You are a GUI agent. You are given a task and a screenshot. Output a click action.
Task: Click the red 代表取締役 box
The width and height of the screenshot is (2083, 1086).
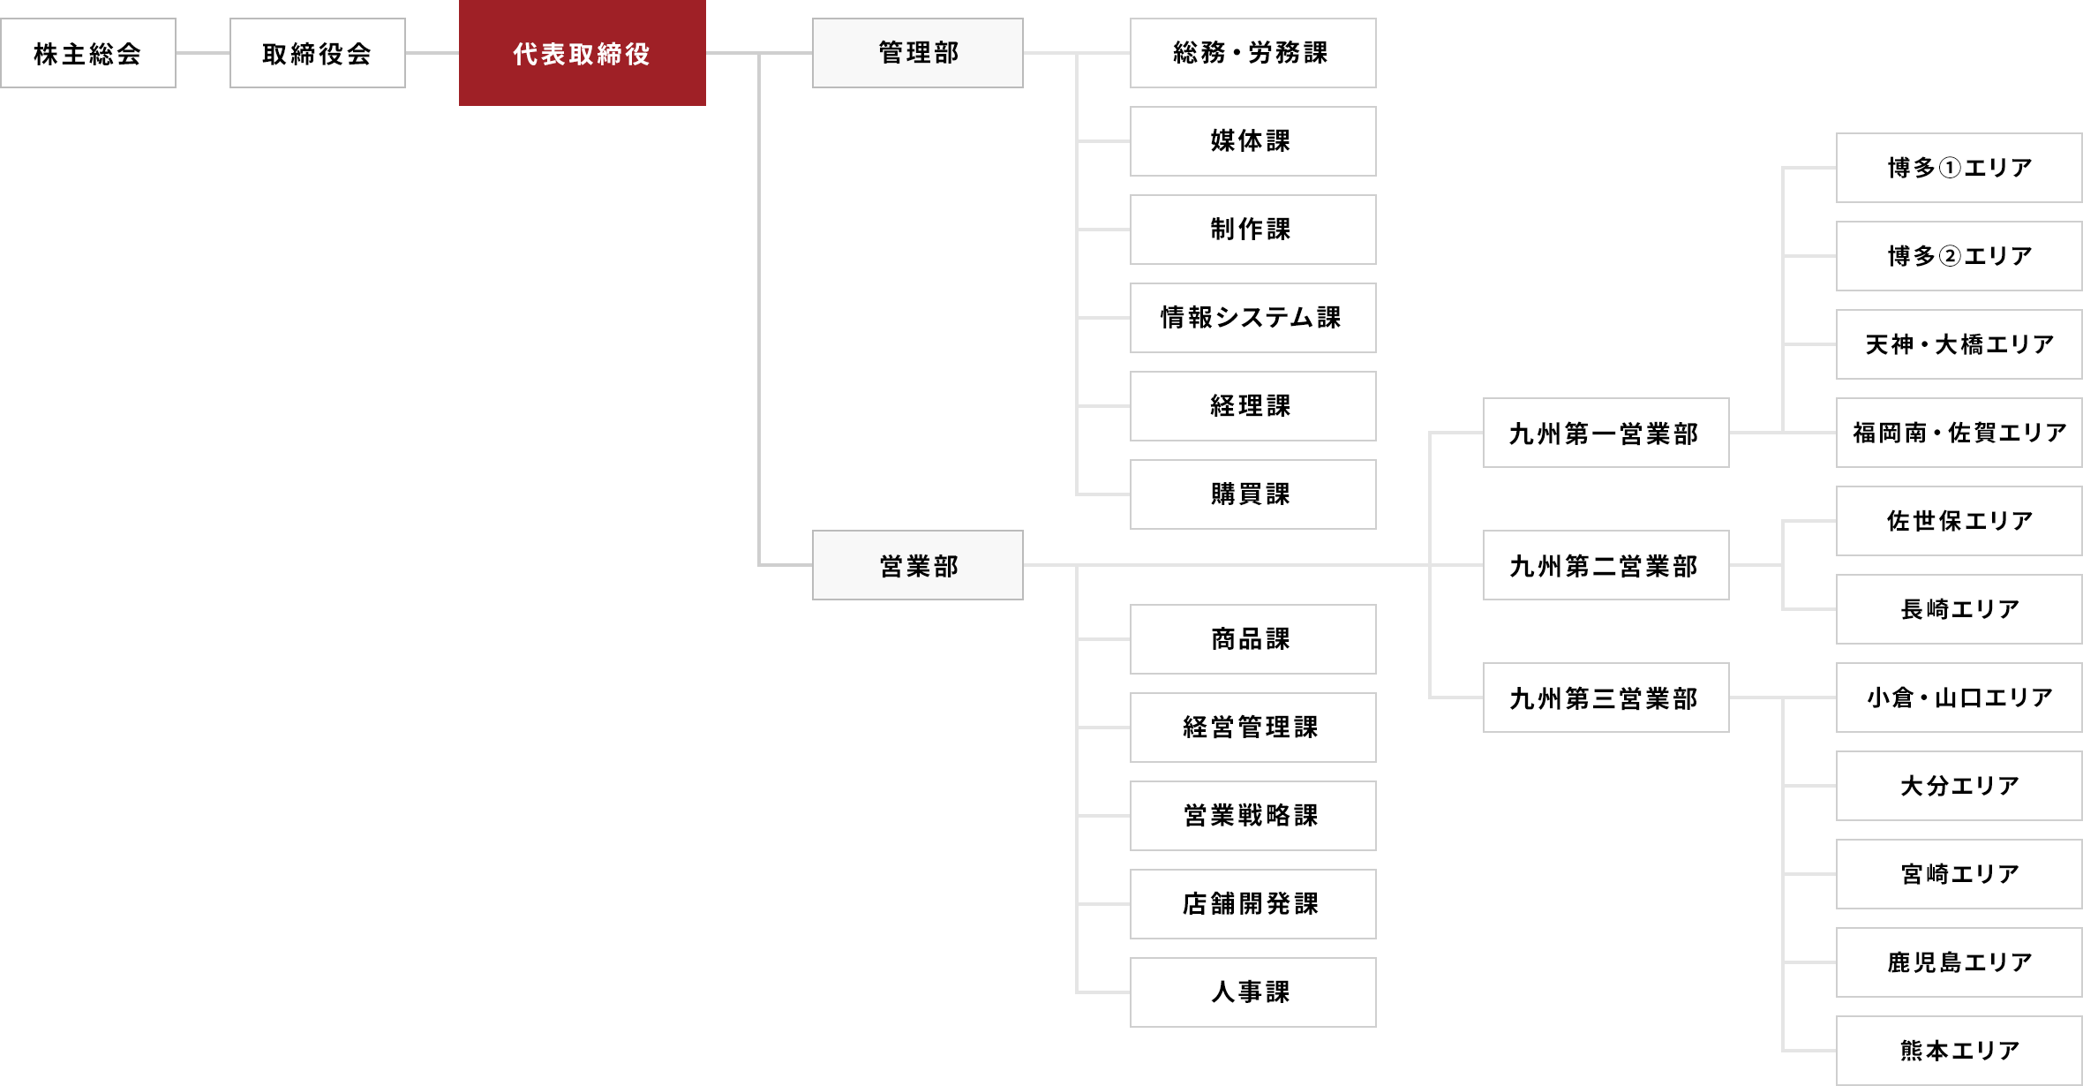pos(582,53)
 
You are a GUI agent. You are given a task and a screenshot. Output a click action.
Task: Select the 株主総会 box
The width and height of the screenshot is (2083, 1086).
pos(88,53)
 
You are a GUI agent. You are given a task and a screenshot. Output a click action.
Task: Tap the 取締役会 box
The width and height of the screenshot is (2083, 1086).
pos(318,53)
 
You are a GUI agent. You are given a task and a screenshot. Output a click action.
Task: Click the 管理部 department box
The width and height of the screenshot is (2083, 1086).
pos(918,53)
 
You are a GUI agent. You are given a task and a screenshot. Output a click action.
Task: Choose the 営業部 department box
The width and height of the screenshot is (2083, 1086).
pos(918,565)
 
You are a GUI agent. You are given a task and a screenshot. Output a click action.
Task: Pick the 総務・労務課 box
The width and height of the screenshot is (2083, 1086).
pos(1252,53)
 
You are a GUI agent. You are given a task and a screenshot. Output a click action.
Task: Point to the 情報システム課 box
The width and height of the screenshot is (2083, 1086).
pos(1252,318)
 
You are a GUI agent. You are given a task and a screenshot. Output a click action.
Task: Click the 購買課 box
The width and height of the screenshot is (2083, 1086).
pos(1252,494)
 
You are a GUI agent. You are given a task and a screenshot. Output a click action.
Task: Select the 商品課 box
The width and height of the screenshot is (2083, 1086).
pos(1252,639)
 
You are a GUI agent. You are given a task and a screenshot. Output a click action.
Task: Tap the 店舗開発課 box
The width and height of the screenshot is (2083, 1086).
pos(1252,904)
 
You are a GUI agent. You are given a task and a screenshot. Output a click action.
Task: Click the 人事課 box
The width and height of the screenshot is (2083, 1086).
pos(1252,992)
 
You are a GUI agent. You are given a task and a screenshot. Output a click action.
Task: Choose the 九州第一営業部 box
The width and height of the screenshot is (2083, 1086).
pos(1605,433)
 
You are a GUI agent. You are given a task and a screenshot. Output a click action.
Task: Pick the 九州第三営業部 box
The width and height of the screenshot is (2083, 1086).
pos(1605,698)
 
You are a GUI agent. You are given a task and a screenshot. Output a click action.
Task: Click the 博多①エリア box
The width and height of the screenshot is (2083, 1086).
pos(1959,168)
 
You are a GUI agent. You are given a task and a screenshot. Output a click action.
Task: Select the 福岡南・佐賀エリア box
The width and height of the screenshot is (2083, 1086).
pos(1959,433)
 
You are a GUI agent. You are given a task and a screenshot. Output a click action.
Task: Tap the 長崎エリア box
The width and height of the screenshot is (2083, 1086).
pos(1959,609)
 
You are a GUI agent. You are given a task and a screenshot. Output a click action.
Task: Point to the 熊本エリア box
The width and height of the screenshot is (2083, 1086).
pos(1959,1051)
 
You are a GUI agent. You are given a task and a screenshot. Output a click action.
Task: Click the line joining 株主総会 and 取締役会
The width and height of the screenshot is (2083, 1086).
pos(203,53)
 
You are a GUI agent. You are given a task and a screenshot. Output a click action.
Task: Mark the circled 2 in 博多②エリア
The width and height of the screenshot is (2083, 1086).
pos(1951,256)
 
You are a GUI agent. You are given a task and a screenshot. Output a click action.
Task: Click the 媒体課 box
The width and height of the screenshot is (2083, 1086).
pos(1252,141)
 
